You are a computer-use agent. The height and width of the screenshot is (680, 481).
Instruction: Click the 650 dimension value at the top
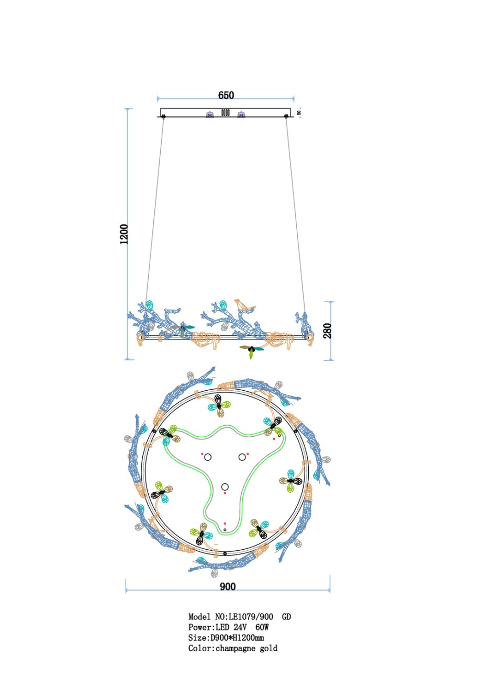tap(226, 95)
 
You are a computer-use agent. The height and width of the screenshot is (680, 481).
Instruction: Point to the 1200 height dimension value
tap(124, 234)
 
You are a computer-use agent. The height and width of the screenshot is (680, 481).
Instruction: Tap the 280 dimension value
tap(327, 331)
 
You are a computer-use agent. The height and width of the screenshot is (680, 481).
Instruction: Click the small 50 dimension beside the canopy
tap(299, 112)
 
